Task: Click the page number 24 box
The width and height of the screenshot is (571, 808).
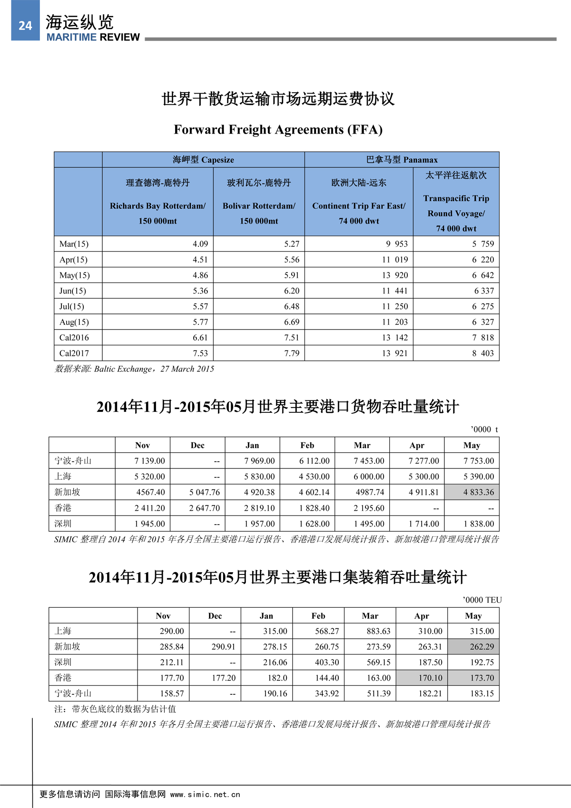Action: (x=25, y=25)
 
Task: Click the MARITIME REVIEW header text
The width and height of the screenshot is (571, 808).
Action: (x=93, y=37)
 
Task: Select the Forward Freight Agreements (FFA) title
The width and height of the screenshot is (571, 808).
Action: (x=278, y=129)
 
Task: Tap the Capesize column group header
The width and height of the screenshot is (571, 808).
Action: (x=203, y=160)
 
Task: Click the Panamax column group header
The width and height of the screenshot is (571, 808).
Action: (x=402, y=160)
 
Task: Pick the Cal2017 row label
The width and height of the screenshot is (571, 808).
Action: (x=74, y=353)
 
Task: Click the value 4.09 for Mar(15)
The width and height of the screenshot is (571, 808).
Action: (x=200, y=244)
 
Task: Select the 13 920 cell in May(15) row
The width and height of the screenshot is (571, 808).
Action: (x=395, y=275)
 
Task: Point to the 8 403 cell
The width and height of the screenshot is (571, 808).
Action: (x=483, y=353)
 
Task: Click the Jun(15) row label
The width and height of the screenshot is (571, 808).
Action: (x=73, y=291)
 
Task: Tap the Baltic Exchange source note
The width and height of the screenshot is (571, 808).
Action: (x=135, y=369)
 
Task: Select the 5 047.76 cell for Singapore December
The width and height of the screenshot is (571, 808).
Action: (x=205, y=492)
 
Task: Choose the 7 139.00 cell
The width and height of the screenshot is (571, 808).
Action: (x=149, y=461)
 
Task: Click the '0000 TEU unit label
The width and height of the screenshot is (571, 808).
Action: (x=482, y=600)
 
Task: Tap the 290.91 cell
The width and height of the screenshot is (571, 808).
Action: (x=223, y=647)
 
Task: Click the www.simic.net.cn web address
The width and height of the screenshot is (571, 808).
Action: (x=205, y=795)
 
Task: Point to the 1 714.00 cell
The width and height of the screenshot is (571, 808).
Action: (x=423, y=524)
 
